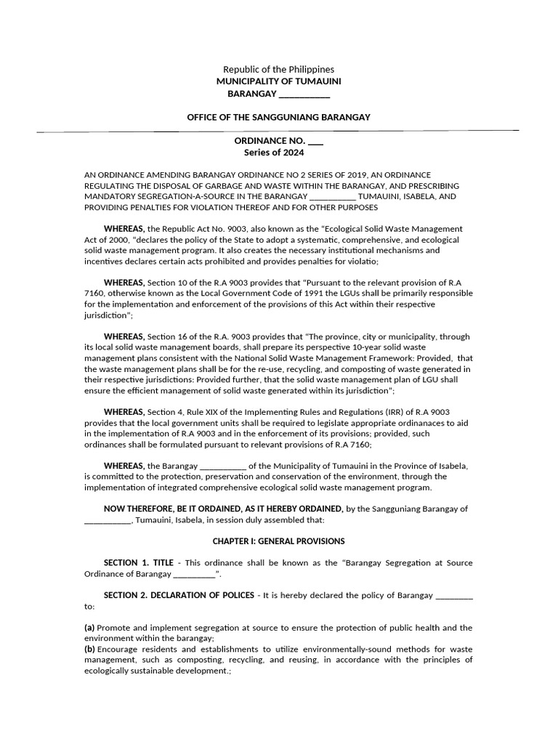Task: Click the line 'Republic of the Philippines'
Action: click(x=278, y=69)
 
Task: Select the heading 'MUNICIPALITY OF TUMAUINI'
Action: click(x=278, y=82)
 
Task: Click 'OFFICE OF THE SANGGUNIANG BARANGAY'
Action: click(x=278, y=117)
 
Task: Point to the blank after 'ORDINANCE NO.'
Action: click(x=316, y=140)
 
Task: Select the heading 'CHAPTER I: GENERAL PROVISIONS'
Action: click(x=278, y=541)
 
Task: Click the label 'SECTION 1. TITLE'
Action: click(x=138, y=563)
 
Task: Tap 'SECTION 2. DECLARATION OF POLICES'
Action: click(x=178, y=595)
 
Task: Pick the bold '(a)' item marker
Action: click(x=89, y=627)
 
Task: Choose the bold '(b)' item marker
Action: click(x=89, y=649)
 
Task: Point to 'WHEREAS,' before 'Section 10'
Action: click(x=124, y=283)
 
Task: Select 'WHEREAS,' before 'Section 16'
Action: click(x=124, y=336)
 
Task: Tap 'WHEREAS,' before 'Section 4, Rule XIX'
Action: click(x=124, y=412)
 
